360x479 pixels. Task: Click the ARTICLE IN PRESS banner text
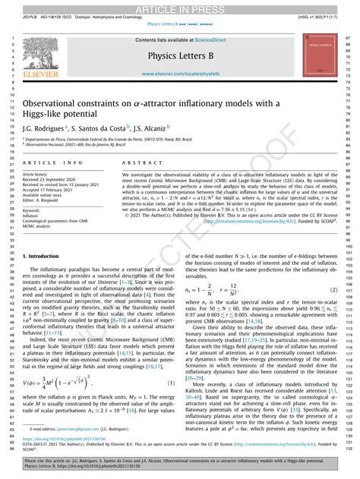(180, 6)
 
